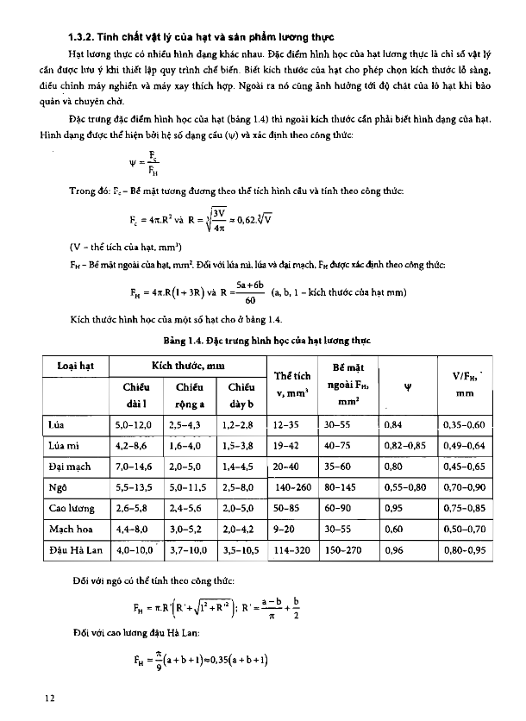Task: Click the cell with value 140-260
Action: [x=293, y=487]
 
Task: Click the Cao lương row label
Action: [x=71, y=508]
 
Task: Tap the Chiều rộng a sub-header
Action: [x=191, y=395]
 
